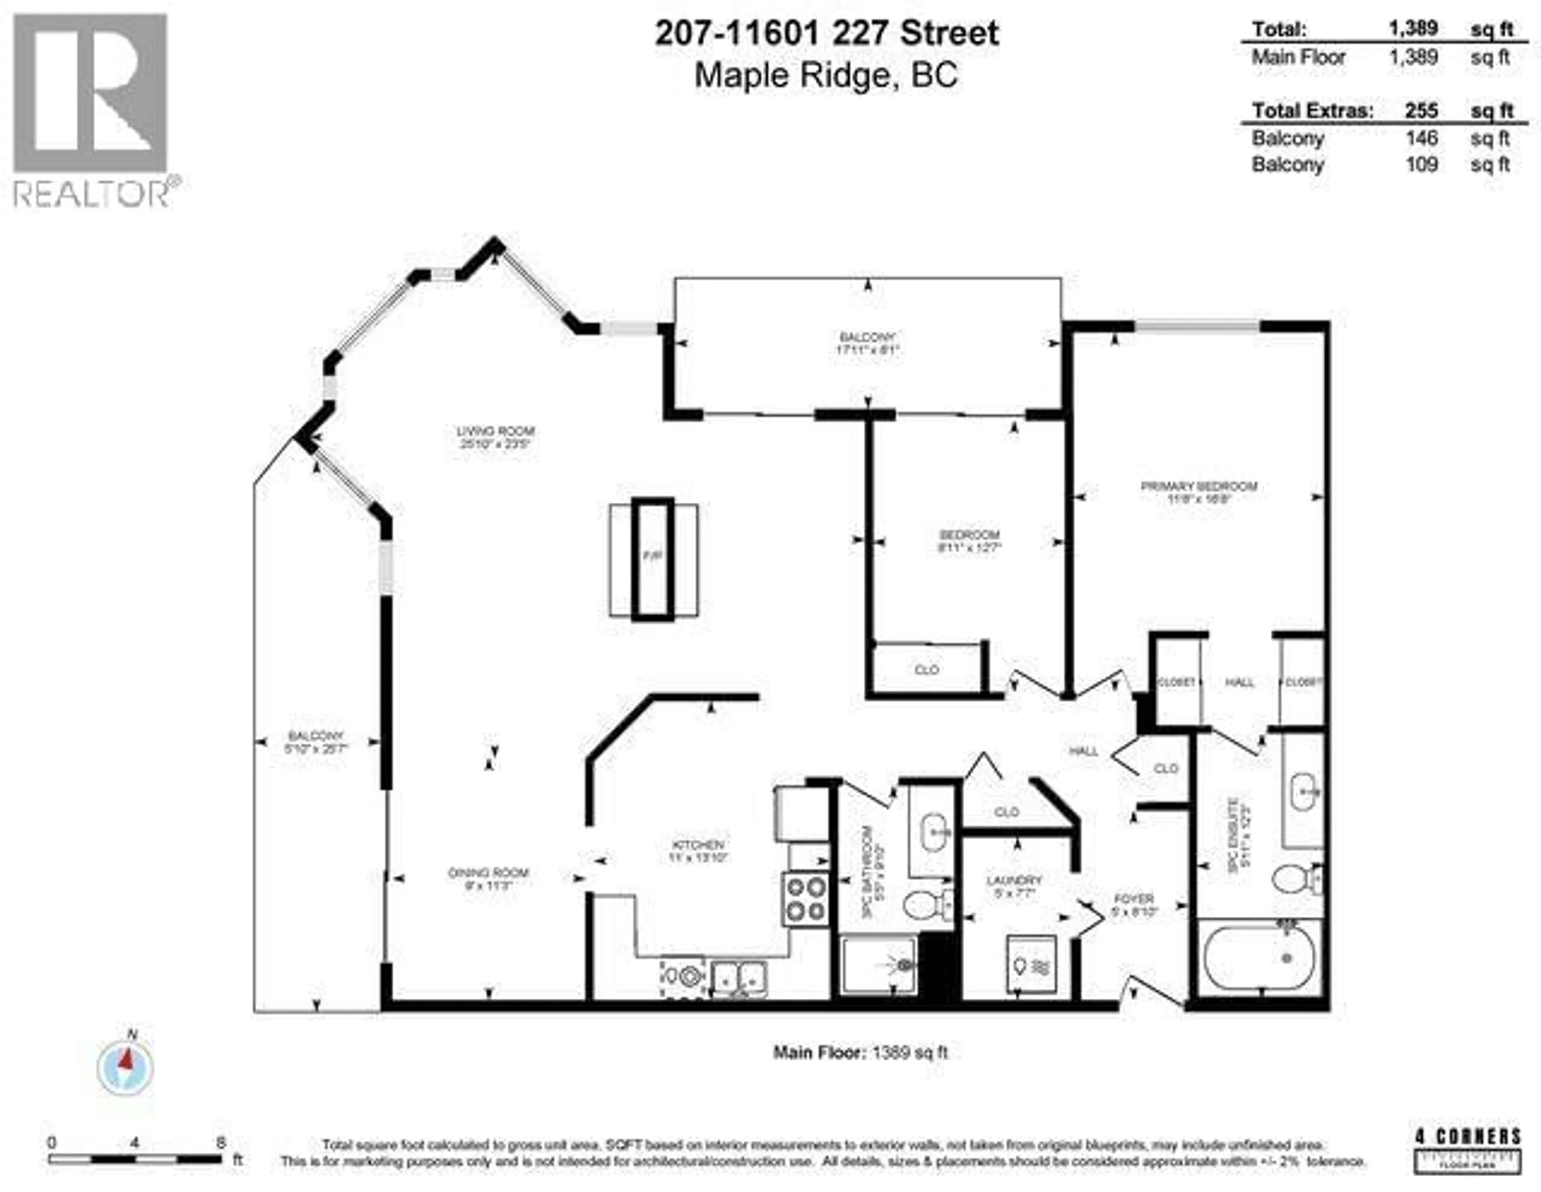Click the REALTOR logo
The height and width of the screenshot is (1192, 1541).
[92, 110]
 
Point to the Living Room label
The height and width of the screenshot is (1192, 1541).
[495, 437]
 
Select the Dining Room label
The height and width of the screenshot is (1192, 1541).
[488, 878]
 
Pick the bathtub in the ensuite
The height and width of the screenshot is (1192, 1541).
[1259, 958]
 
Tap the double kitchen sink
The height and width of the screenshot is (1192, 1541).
[739, 977]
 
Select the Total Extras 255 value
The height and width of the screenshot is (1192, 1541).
[1420, 111]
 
